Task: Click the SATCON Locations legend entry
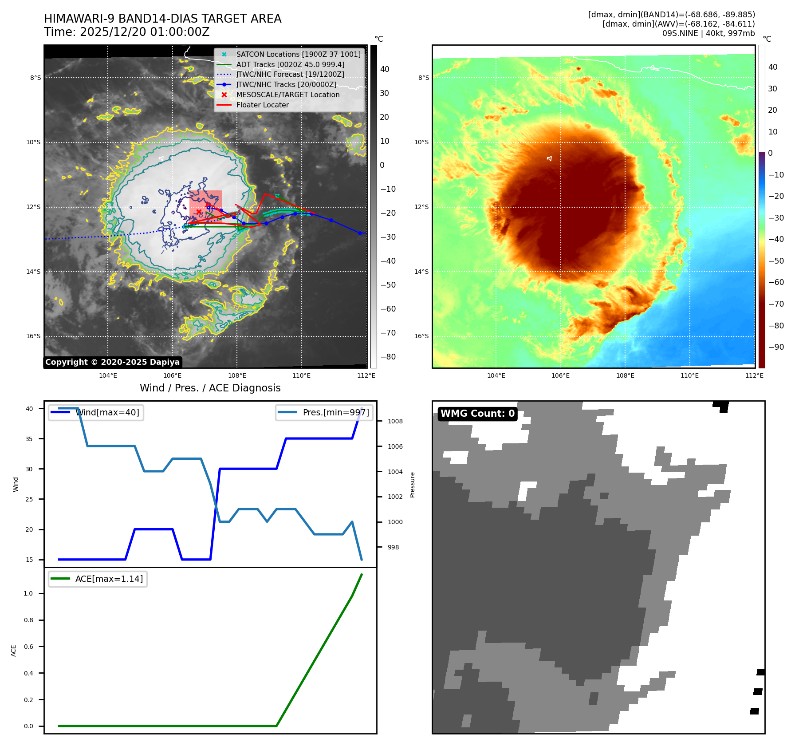coord(298,54)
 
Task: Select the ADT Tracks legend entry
coord(290,64)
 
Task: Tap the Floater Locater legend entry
coord(262,105)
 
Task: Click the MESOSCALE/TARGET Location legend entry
coord(287,95)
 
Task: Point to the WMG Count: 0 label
coord(477,414)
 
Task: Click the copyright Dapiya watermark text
coord(112,362)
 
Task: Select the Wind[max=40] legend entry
coord(107,412)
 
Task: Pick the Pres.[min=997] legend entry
coord(335,412)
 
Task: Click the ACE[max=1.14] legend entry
coord(109,579)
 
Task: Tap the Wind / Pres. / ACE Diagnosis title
coord(210,388)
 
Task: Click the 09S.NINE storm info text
coord(708,33)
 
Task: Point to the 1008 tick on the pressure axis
coord(395,421)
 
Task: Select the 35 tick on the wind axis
coord(29,439)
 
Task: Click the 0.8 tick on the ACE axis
coord(28,620)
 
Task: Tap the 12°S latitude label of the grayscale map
coord(33,207)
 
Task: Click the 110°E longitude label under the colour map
coord(689,375)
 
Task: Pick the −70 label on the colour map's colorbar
coord(775,304)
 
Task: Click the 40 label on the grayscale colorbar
coord(385,69)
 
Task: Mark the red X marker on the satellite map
coord(199,212)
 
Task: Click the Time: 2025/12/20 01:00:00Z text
coord(126,32)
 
